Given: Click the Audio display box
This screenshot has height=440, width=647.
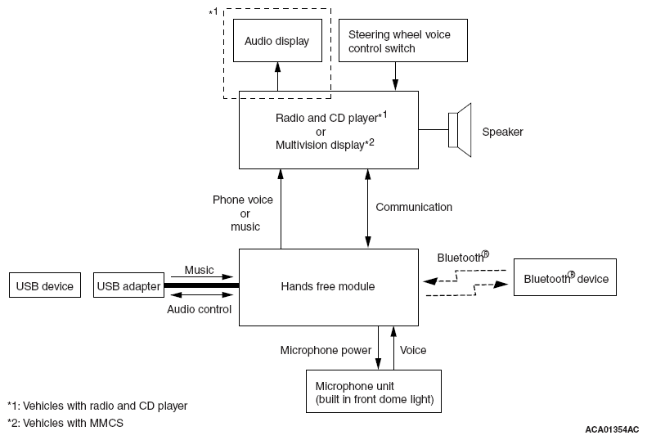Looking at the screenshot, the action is coord(277,40).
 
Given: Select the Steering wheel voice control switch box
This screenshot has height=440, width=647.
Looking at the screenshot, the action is coord(403,40).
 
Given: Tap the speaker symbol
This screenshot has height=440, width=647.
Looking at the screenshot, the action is coord(460,130).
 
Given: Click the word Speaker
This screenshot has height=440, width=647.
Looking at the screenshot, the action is coord(502,132).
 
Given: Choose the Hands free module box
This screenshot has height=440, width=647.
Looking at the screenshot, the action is coord(329,287).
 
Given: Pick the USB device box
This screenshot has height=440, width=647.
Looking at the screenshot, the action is coord(45,285).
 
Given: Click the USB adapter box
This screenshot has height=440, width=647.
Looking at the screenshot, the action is coord(128,285).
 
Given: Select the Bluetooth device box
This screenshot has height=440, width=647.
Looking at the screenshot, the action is coord(565,277).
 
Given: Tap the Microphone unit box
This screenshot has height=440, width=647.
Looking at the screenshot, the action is coord(374,391).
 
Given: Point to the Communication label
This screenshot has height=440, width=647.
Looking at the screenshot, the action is coord(414,207).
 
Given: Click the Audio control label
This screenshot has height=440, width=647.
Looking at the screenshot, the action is coord(199,310).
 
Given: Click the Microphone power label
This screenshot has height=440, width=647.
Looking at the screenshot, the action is coord(326,350).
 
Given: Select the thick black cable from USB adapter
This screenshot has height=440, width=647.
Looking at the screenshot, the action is coord(202,285).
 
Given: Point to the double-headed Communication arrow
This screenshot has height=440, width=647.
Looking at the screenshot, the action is coord(367,209).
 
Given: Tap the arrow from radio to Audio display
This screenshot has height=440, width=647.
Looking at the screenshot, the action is coord(278,76).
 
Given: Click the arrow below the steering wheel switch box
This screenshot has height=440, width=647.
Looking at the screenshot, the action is coord(395,76).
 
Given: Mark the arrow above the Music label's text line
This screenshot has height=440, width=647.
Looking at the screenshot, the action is coord(202,276).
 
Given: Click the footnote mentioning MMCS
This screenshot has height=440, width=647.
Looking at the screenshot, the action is coord(65,423).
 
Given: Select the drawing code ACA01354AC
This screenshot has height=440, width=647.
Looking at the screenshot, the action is coord(612,429).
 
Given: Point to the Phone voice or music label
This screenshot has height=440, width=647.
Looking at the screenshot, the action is coord(243,213).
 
